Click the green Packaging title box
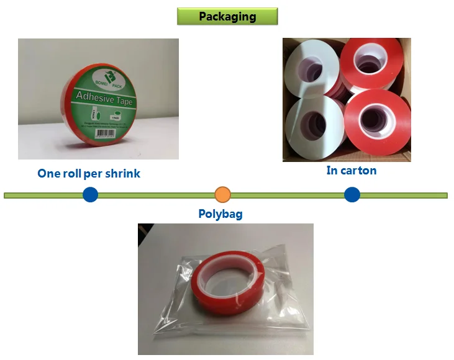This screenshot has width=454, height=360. coord(227,17)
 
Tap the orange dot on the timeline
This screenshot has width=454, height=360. coord(222,195)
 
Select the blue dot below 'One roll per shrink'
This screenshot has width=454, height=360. coord(91,195)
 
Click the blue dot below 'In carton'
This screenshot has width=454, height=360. coord(352,195)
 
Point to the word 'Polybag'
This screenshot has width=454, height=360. coord(220,214)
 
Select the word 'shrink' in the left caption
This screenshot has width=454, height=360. coord(123,174)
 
